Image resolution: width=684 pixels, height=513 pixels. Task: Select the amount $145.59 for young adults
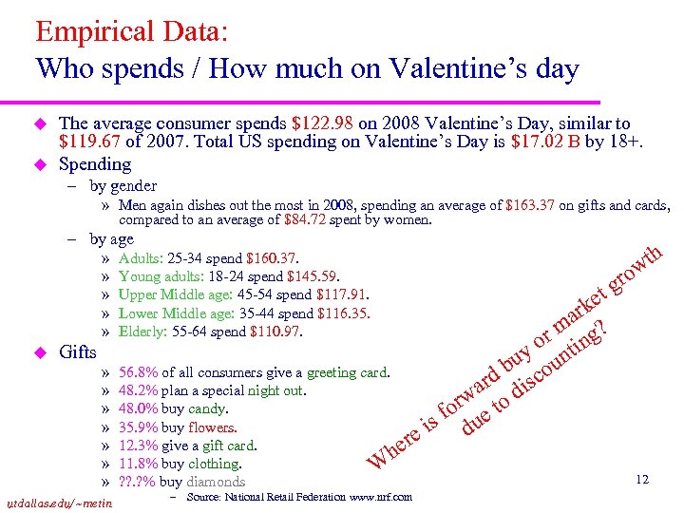313,276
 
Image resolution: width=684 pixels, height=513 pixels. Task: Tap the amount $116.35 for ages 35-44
340,313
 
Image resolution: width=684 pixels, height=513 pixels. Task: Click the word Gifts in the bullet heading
78,352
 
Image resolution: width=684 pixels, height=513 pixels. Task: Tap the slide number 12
642,480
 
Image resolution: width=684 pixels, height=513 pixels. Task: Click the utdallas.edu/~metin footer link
58,503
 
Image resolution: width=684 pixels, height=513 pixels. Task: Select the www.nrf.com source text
379,497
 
